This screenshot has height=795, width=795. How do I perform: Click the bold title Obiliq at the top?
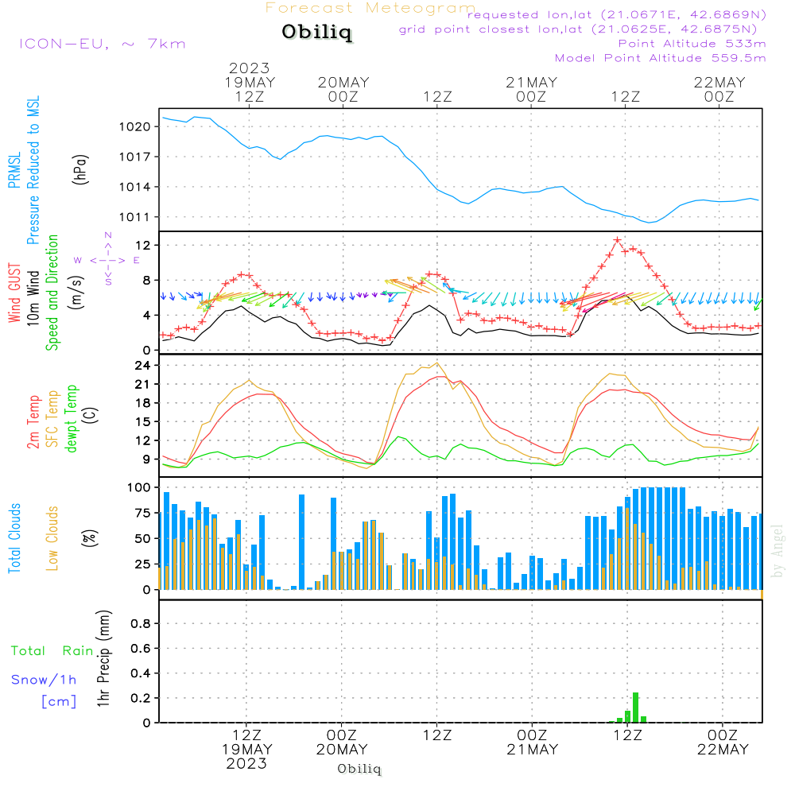[316, 33]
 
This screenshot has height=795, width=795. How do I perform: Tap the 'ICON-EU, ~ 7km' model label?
[102, 43]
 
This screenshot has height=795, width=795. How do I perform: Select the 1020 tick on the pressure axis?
[134, 126]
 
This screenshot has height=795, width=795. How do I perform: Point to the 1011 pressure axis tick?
[134, 217]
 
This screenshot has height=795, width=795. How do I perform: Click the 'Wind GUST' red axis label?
[14, 295]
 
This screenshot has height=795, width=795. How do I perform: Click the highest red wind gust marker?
[617, 240]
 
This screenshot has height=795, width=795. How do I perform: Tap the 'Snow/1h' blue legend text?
[44, 680]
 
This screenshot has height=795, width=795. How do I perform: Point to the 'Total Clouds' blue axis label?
[14, 538]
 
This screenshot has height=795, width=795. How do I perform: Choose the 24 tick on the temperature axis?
[143, 366]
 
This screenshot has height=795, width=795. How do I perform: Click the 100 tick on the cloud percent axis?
[139, 487]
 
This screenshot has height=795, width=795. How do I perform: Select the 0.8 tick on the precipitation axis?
[140, 623]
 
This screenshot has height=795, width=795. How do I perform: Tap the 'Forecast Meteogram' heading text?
[370, 8]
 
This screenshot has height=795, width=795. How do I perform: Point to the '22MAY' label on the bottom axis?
[719, 749]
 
